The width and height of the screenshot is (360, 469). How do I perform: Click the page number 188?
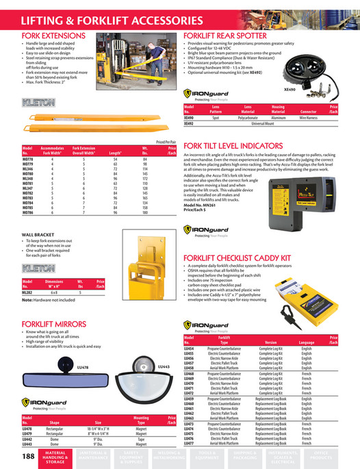click(x=29, y=456)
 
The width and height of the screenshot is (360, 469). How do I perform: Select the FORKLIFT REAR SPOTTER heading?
click(x=229, y=34)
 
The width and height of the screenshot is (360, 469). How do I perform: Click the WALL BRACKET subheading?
click(x=39, y=234)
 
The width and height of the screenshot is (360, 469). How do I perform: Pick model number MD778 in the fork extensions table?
click(x=28, y=158)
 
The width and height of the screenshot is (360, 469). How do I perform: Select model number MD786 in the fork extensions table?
click(x=28, y=214)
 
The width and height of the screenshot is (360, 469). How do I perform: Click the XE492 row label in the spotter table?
click(x=189, y=123)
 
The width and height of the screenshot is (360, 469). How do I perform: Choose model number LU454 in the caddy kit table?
click(x=189, y=348)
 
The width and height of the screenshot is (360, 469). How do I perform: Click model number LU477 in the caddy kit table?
click(x=189, y=444)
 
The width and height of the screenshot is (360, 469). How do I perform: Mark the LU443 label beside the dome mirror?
click(x=164, y=368)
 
